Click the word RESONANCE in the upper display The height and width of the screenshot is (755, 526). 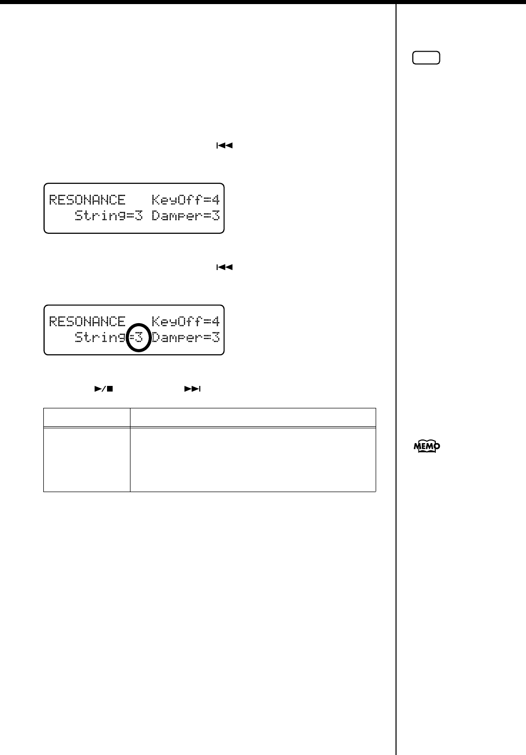(87, 200)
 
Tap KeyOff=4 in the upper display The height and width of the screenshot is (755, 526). (186, 200)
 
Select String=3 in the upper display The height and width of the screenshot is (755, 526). (109, 216)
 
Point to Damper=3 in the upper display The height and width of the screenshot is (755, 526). (186, 216)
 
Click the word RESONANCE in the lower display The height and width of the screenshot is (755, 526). (87, 322)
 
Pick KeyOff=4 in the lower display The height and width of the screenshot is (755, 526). (186, 322)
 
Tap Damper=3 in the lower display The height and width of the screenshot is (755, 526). (186, 337)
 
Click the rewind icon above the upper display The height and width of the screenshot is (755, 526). (224, 145)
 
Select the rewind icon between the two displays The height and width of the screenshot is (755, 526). (224, 267)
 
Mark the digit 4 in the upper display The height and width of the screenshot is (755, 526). (216, 200)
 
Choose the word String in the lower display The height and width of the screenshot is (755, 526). (100, 337)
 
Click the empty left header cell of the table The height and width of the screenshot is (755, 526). (87, 417)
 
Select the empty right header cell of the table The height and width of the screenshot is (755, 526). (253, 417)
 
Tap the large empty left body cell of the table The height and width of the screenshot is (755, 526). (87, 459)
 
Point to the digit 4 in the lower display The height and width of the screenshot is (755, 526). (216, 322)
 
